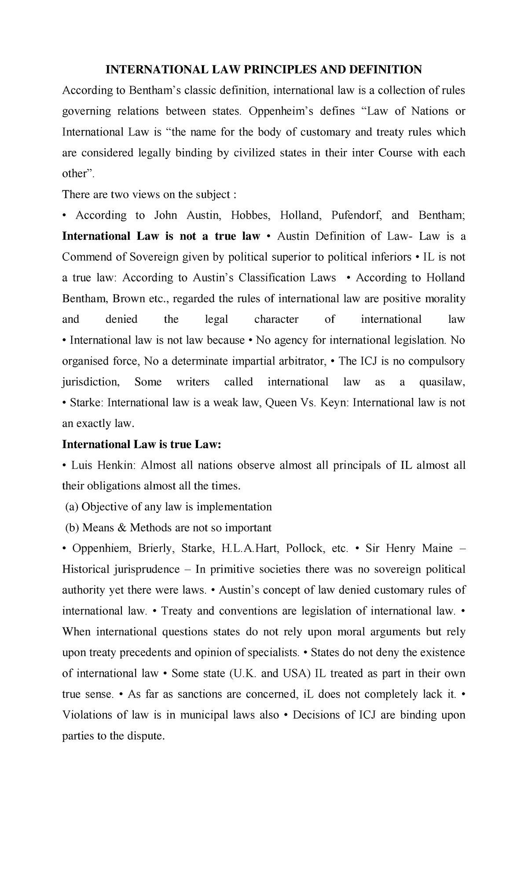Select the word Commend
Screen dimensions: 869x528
[x=81, y=257]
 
